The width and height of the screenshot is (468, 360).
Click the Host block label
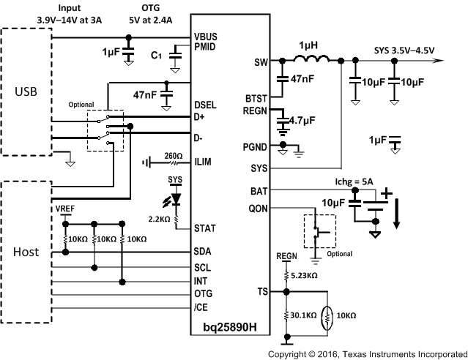[26, 252]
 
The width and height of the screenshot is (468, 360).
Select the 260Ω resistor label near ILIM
[174, 155]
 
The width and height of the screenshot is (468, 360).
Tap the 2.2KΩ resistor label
[160, 219]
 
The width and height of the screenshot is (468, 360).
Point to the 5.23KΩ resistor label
[305, 276]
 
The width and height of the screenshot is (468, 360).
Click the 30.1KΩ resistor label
[302, 315]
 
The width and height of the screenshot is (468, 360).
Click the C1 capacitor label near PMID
[156, 54]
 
